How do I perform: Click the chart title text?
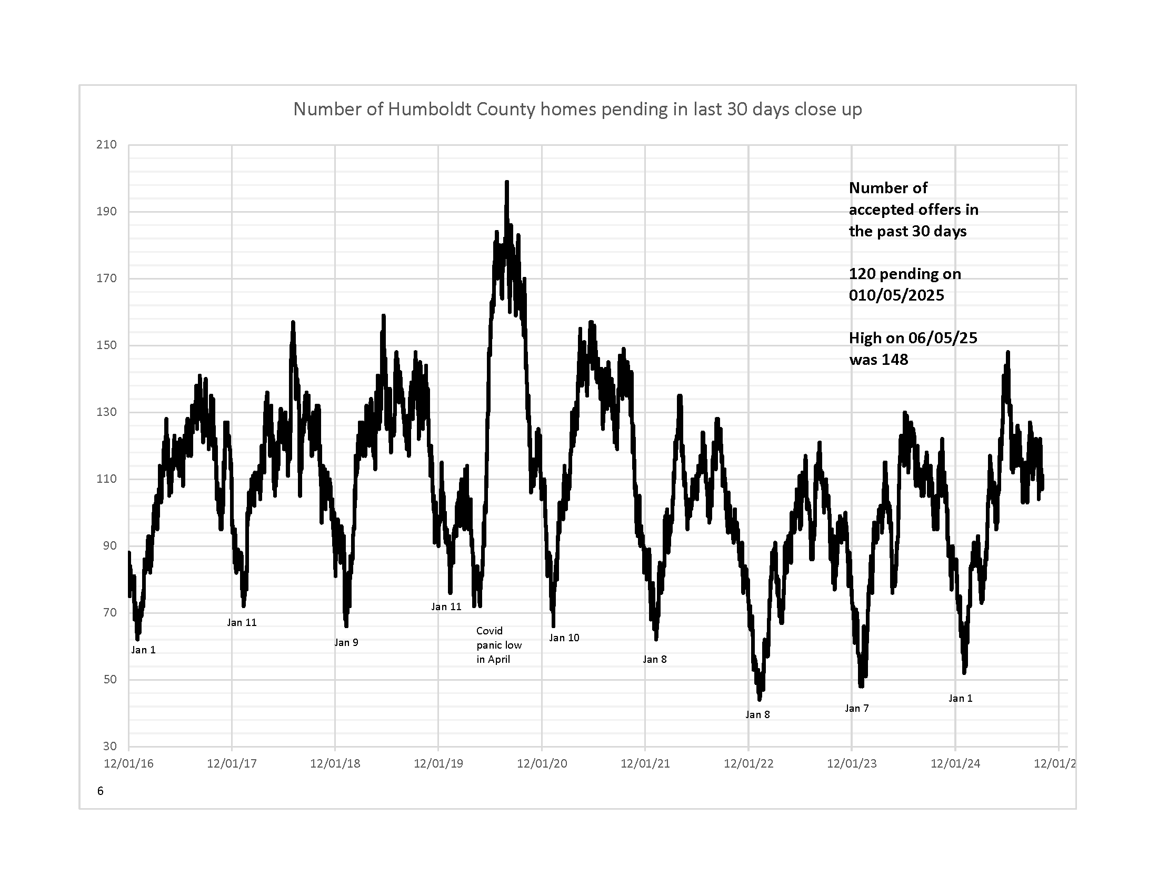coord(577,109)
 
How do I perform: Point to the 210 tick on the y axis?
coord(106,145)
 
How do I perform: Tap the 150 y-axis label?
coord(106,345)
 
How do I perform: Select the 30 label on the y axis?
coord(110,746)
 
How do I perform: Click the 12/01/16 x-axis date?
coord(128,763)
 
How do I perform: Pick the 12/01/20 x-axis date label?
coord(542,763)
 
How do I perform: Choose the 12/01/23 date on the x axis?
coord(852,763)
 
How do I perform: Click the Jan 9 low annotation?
coord(346,643)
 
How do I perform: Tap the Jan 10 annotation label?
coord(564,638)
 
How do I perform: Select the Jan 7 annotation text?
coord(856,708)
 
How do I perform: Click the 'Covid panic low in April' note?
coord(498,645)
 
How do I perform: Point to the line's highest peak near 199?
coord(507,182)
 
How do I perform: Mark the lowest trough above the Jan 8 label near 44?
coord(760,699)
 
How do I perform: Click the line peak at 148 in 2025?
coord(1007,352)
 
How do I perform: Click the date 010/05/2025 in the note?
coord(896,295)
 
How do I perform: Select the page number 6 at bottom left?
coord(100,791)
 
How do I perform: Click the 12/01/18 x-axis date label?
coord(335,763)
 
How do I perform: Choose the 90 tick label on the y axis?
coord(110,545)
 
